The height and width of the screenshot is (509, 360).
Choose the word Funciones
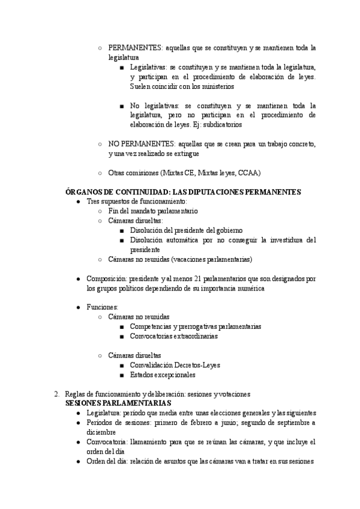tap(102, 307)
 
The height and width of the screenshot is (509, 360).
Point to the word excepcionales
tap(173, 375)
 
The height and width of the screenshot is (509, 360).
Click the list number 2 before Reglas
tap(56, 393)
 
